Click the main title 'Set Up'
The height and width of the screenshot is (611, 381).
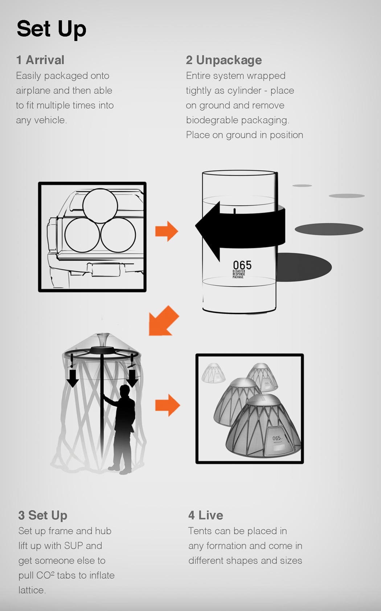(52, 29)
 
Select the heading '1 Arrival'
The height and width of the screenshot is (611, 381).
(40, 60)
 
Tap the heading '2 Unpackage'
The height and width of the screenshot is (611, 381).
(224, 60)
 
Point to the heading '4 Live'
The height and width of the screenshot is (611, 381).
(206, 515)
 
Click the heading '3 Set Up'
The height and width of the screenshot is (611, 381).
(43, 516)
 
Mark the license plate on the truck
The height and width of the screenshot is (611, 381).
(106, 270)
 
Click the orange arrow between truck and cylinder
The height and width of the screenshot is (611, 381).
(167, 231)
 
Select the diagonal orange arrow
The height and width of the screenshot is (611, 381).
(163, 321)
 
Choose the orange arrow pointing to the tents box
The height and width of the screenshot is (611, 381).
(167, 405)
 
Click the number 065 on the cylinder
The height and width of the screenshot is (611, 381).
(242, 265)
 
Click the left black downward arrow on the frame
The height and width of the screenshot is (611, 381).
(73, 378)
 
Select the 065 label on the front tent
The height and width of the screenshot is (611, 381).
(276, 438)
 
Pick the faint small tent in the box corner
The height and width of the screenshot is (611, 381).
(213, 373)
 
